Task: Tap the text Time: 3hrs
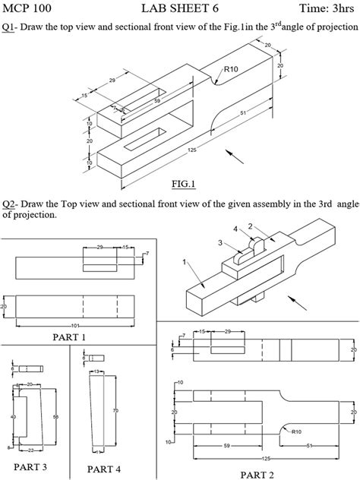(x=327, y=8)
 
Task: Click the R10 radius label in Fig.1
(x=231, y=69)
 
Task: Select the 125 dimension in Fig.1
(x=191, y=150)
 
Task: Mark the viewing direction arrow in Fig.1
(x=236, y=156)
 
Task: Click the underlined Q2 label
(x=8, y=204)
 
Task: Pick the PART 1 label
(x=69, y=336)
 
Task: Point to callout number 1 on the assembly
(x=183, y=262)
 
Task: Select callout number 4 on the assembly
(x=235, y=228)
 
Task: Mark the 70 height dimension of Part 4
(x=116, y=410)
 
